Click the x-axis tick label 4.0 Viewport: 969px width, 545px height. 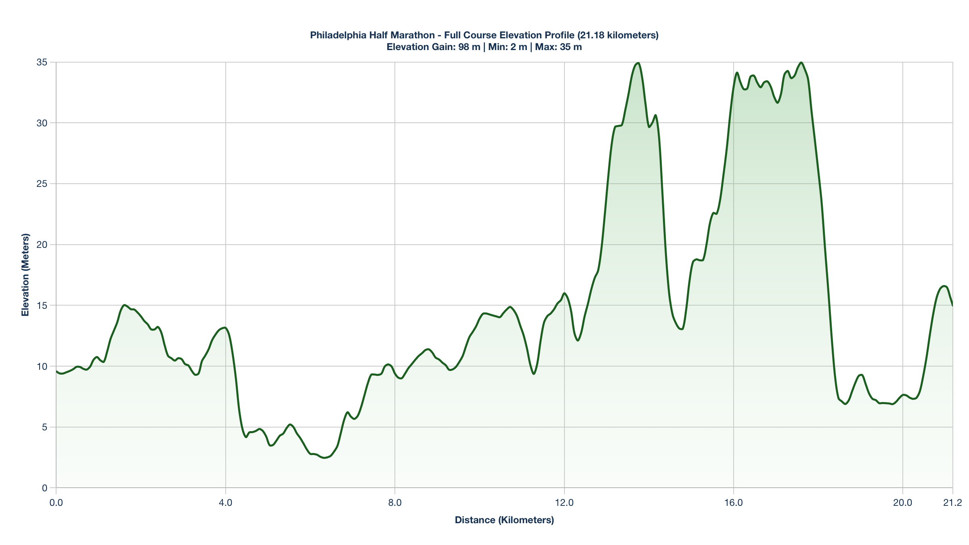[225, 503]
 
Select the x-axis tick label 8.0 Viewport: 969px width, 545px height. [395, 503]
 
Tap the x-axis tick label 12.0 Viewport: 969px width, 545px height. [564, 503]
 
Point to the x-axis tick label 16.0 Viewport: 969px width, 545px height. [733, 503]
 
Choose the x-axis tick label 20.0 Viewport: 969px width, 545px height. [902, 503]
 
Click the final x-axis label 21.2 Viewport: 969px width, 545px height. [952, 503]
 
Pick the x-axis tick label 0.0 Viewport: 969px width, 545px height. [56, 503]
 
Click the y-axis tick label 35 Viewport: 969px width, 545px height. [42, 62]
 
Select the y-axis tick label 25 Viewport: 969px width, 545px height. [42, 184]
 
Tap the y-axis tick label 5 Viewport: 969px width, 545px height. [44, 427]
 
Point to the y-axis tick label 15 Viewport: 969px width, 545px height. [42, 306]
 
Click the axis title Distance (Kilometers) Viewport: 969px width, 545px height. [504, 520]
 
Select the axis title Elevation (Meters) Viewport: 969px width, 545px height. [25, 275]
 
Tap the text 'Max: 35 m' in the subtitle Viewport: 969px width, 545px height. [558, 47]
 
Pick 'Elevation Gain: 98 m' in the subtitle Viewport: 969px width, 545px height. [433, 47]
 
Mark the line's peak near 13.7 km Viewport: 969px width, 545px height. [638, 63]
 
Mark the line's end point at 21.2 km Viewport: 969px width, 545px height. [952, 306]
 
